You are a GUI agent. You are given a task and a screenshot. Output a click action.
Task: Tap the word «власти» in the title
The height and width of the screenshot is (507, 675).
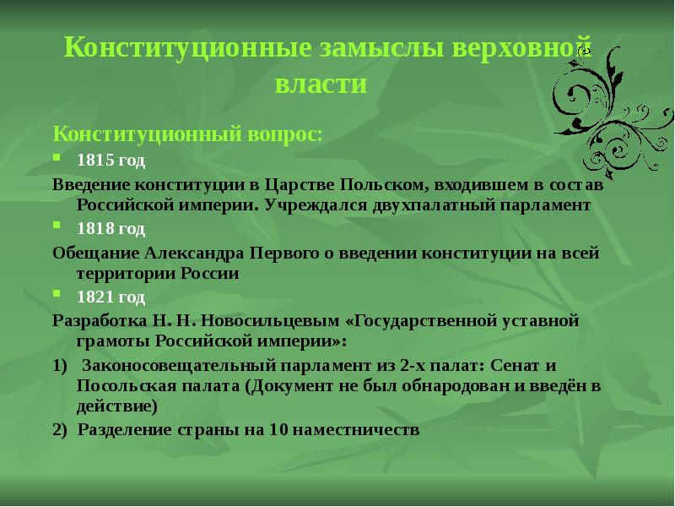coord(321,84)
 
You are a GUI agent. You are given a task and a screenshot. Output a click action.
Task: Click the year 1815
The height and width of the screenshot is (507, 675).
coord(93,159)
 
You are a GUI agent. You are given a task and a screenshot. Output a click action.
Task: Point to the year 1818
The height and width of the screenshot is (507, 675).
coord(93,228)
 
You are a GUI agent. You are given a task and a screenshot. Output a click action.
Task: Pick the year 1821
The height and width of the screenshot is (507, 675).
coord(93,297)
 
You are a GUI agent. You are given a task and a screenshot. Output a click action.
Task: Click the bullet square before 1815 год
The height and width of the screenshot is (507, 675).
coord(57,157)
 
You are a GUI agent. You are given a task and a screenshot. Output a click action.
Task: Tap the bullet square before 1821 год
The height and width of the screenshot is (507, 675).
coord(57,295)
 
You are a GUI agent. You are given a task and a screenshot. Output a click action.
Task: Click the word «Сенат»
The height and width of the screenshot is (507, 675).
coord(515,366)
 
